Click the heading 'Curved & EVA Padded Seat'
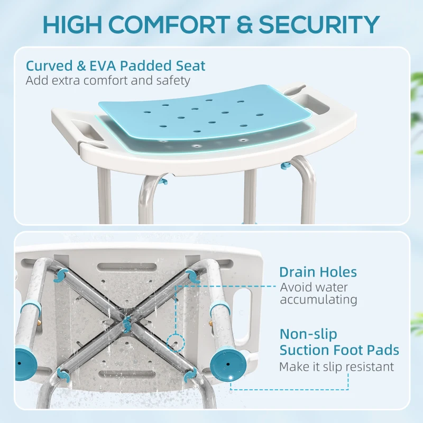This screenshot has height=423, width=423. (116, 66)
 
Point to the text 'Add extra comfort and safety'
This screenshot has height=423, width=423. (107, 81)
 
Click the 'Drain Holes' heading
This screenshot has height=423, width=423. (318, 272)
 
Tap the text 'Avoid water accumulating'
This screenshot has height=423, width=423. (318, 293)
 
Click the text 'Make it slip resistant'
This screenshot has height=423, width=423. (336, 366)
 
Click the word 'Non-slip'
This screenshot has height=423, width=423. (308, 334)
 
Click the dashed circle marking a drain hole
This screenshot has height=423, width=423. (172, 342)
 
